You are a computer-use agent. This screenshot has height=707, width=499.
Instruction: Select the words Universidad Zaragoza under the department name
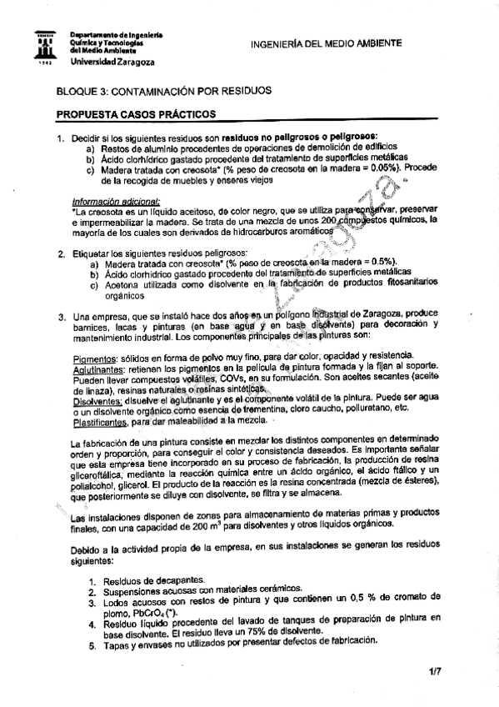click(105, 62)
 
